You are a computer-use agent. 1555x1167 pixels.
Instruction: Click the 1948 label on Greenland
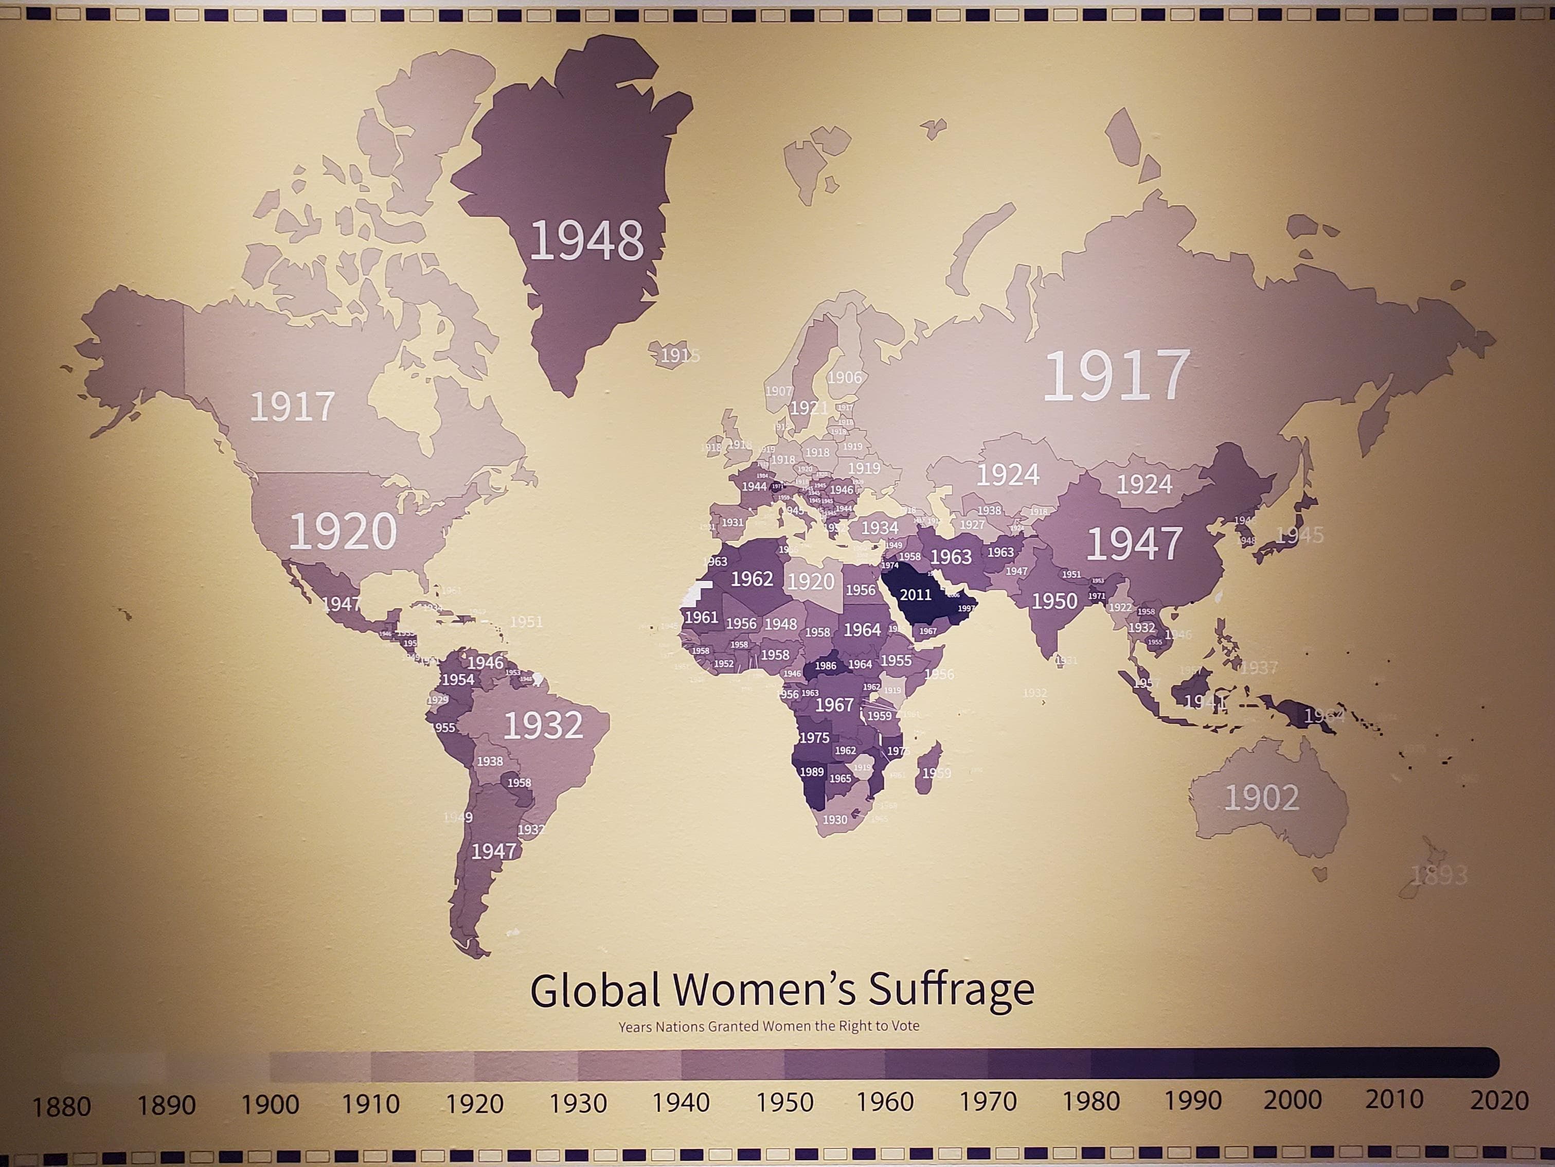tap(586, 240)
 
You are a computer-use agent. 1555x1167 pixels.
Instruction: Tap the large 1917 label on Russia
tap(1116, 376)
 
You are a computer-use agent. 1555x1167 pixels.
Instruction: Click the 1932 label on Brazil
tap(543, 726)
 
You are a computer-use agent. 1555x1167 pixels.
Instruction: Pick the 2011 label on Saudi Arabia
tap(915, 595)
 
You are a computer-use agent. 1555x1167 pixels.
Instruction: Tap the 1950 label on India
tap(1054, 601)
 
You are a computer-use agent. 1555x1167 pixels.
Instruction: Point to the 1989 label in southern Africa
tap(811, 772)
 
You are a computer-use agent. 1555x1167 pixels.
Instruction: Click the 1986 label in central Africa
tap(825, 666)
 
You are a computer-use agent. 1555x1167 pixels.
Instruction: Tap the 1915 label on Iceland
tap(679, 356)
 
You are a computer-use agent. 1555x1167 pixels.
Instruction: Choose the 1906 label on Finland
tap(844, 378)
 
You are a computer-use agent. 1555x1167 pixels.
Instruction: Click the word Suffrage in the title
tap(951, 991)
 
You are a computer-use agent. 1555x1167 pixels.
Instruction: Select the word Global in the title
tap(595, 991)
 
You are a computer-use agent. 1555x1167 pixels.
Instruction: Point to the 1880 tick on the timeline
tap(62, 1107)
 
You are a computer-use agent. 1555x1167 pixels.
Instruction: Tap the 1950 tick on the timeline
tap(784, 1102)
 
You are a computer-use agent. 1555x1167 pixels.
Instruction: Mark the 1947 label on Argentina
tap(493, 852)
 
